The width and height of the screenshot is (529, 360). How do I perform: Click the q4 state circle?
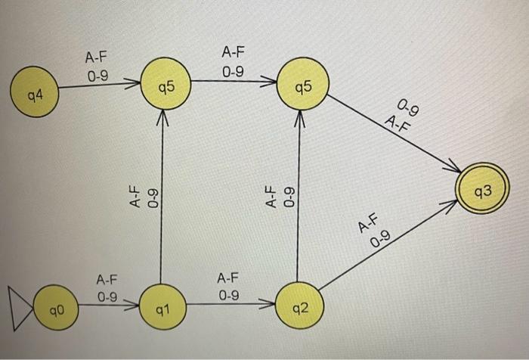point(32,97)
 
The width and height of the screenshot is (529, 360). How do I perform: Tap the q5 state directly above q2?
point(303,84)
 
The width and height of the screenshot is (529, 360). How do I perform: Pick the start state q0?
point(54,309)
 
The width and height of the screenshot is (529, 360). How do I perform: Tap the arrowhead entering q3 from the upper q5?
point(454,169)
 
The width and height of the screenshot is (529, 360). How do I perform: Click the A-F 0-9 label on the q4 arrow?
point(97,66)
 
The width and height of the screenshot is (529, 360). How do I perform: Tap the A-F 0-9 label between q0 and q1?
point(106,288)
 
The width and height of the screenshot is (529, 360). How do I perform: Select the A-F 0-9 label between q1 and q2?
point(228,287)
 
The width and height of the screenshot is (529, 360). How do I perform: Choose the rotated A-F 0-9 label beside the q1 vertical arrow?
point(143,198)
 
